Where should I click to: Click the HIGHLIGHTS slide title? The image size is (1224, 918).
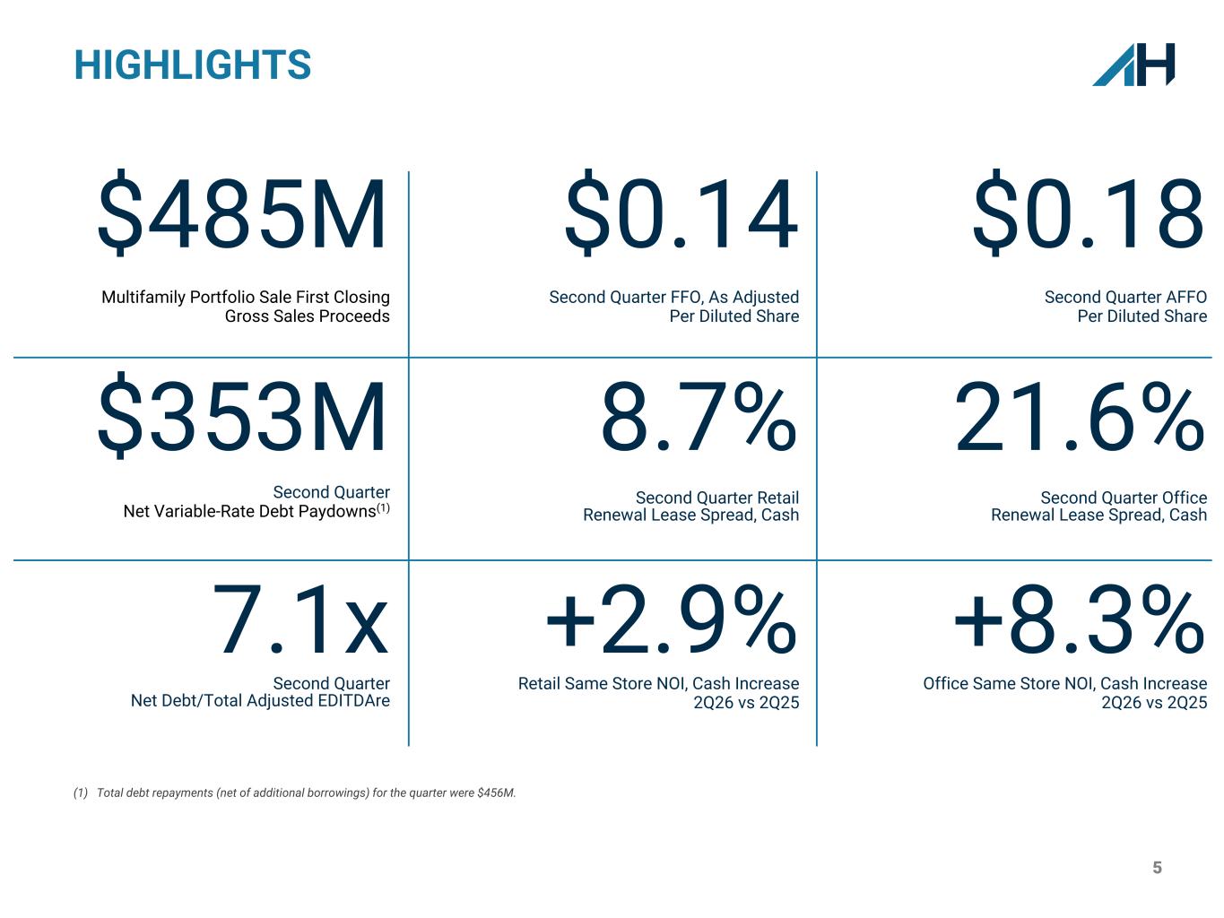click(193, 65)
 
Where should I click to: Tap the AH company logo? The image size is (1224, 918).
click(1133, 65)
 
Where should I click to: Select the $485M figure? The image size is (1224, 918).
click(241, 212)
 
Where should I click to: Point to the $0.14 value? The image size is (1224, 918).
click(681, 212)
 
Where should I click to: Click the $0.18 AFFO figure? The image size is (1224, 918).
click(1088, 212)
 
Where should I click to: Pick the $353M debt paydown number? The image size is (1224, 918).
click(241, 415)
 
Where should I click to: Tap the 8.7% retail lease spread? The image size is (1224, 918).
click(699, 416)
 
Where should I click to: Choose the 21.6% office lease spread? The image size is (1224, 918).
click(1080, 416)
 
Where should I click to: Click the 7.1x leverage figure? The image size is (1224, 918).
click(300, 619)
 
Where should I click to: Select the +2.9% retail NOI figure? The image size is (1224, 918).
click(672, 619)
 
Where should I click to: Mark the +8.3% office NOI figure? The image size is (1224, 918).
click(1080, 619)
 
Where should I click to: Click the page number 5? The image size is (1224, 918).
click(1157, 868)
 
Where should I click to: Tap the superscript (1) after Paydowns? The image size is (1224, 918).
click(383, 507)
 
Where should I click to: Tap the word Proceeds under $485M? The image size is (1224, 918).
click(355, 316)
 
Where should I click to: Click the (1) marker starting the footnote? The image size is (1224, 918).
click(81, 792)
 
